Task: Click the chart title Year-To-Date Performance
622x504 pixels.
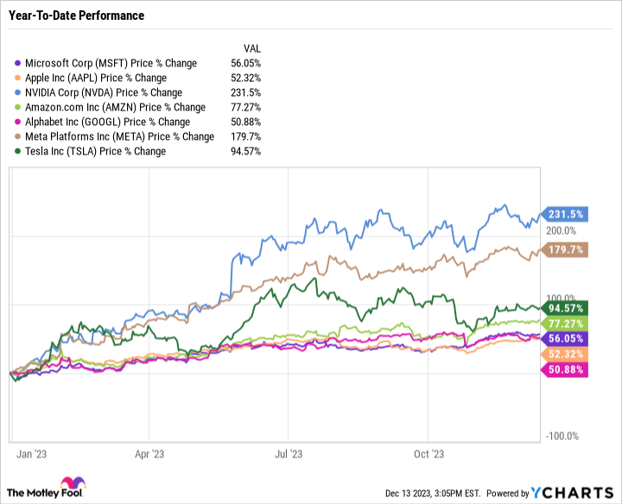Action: point(76,16)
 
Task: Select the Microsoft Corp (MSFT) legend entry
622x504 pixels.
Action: point(111,63)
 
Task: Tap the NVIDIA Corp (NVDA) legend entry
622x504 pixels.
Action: point(104,92)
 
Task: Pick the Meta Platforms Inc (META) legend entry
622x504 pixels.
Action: point(119,136)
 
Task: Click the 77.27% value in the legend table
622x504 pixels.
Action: point(246,107)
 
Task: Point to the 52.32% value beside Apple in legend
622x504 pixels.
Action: point(246,78)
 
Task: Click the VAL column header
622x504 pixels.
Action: point(251,48)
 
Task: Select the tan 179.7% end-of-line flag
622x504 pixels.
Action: point(564,250)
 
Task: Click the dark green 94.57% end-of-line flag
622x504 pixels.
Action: point(564,308)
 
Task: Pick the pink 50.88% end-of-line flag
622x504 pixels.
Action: point(564,370)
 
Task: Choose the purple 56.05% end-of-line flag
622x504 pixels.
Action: point(564,339)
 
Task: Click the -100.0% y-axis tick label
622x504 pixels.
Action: point(562,437)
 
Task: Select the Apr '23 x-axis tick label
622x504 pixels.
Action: point(150,452)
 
